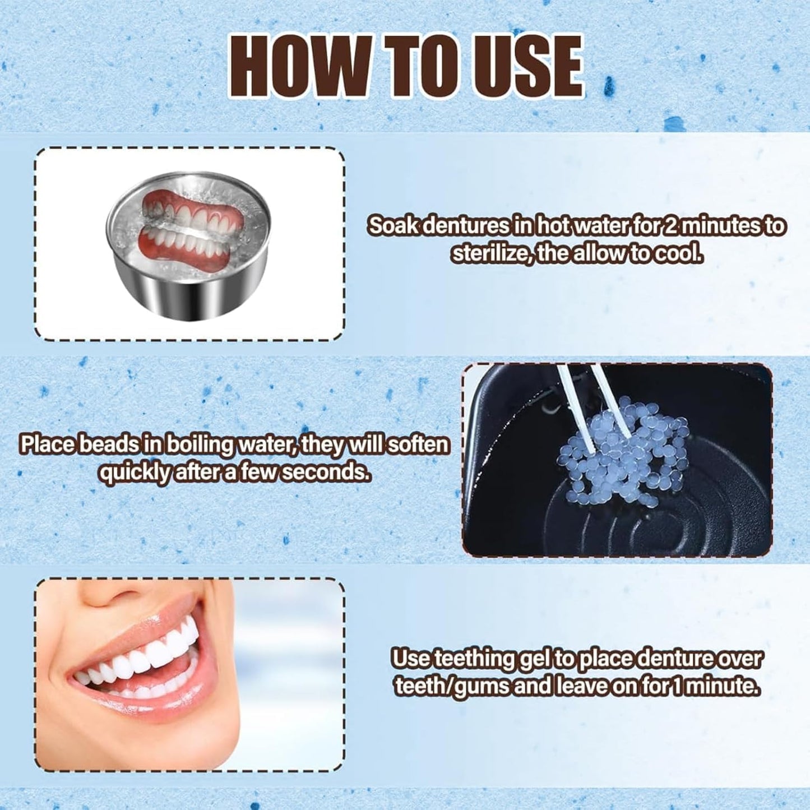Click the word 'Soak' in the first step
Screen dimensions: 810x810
pos(392,226)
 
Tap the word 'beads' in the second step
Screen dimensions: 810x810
pos(107,445)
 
